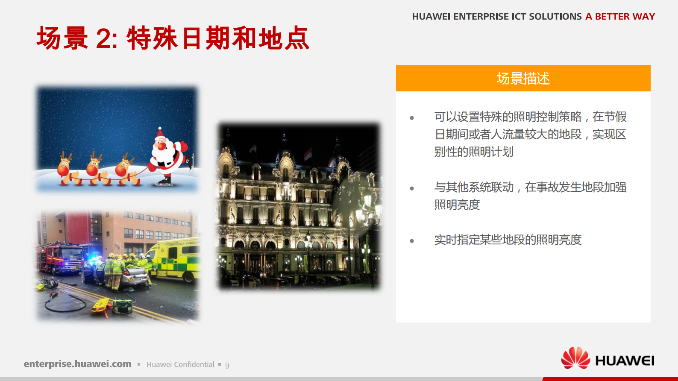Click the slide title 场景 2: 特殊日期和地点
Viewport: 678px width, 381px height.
point(173,38)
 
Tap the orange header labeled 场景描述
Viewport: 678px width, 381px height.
point(523,78)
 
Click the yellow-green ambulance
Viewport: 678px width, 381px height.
point(178,258)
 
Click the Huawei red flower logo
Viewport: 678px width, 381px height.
point(575,358)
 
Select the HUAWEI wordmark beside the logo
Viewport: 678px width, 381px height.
point(625,361)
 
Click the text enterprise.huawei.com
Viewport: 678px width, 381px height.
point(77,364)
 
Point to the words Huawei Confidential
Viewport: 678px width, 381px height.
point(180,364)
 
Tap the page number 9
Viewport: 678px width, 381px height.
point(227,365)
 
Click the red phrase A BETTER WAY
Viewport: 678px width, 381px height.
point(620,17)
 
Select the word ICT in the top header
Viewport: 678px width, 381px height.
point(519,17)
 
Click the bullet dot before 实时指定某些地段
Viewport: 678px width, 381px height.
point(412,241)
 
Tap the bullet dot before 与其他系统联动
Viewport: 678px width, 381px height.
point(412,188)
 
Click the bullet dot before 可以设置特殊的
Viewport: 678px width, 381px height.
point(412,118)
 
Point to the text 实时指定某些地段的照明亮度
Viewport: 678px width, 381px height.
point(508,240)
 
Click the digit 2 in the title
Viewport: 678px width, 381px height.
point(104,39)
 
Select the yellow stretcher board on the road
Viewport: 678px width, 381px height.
point(101,305)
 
